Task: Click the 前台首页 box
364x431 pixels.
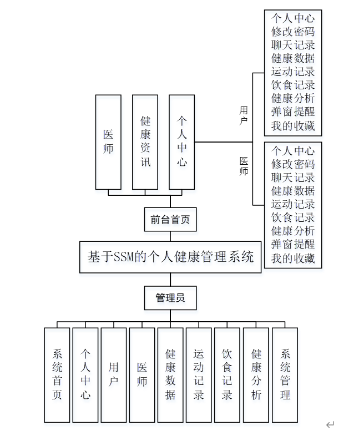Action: (170, 220)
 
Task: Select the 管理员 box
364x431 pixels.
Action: (170, 298)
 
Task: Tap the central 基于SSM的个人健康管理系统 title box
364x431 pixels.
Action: (170, 257)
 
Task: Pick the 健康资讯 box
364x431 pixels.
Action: (145, 142)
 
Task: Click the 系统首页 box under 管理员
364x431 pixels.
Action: (57, 375)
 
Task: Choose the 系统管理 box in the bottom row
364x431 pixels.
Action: (285, 375)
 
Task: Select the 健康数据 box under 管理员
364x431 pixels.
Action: (171, 375)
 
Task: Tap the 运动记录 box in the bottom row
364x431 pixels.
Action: (199, 375)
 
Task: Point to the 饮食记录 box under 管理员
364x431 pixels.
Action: (228, 375)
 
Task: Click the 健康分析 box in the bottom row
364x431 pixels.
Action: (256, 375)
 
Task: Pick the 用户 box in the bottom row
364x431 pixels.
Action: (114, 375)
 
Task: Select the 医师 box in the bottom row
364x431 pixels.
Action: (143, 375)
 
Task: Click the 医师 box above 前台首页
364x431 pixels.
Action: (108, 142)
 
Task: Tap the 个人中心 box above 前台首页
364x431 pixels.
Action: (182, 142)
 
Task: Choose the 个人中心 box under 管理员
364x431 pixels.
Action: (85, 375)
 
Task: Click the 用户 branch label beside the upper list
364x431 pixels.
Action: (244, 115)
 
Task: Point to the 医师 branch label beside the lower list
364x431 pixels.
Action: (244, 166)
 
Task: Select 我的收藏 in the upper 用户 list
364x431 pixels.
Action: (293, 126)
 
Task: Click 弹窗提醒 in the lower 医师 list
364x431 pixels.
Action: (293, 245)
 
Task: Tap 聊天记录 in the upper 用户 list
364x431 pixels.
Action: (293, 45)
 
